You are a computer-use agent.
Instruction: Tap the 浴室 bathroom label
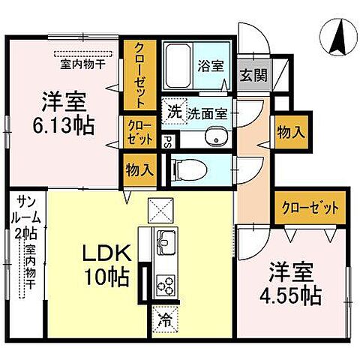[209, 67]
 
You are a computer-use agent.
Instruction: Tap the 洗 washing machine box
[173, 113]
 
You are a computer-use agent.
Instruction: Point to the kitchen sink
[165, 243]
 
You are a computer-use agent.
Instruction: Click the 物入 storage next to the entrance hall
[290, 133]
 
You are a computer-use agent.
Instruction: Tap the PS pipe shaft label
[169, 139]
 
